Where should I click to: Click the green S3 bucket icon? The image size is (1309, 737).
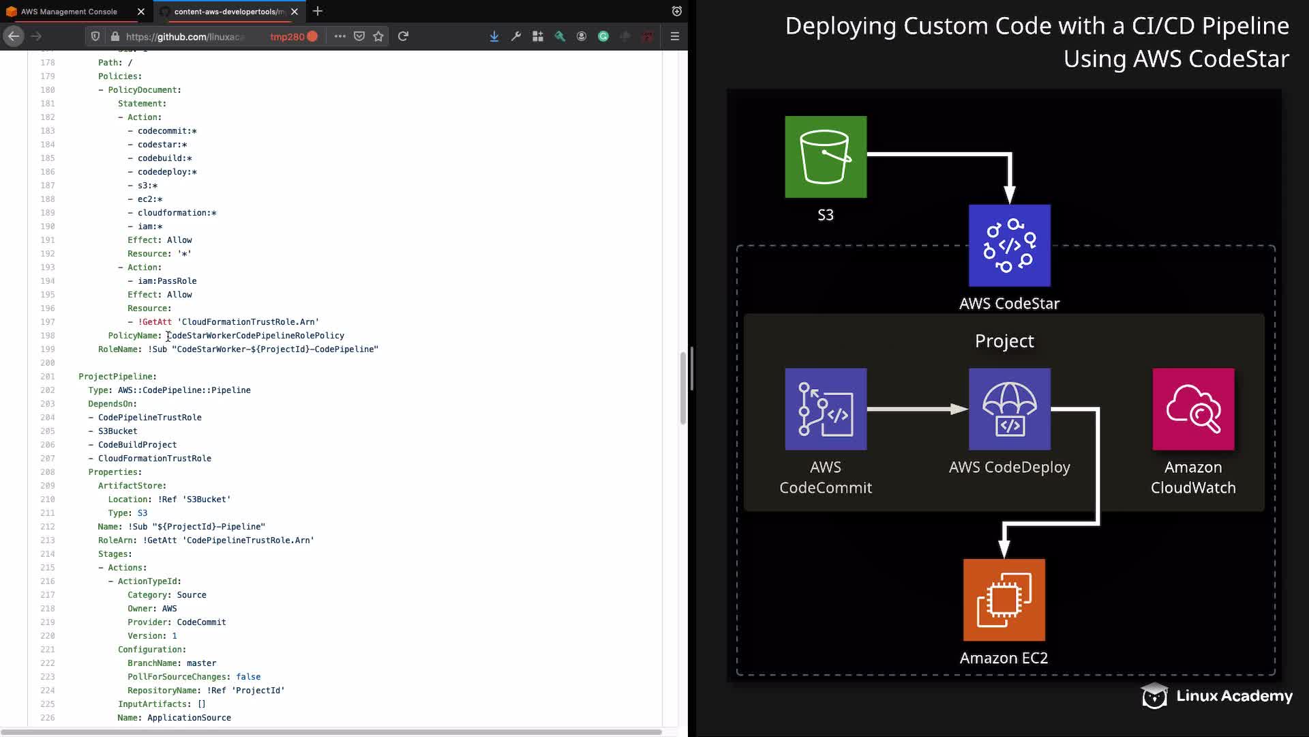click(x=826, y=157)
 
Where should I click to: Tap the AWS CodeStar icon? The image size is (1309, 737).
click(x=1010, y=246)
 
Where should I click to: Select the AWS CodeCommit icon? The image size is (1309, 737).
click(x=826, y=409)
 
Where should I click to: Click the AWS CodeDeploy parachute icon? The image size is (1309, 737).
click(x=1010, y=409)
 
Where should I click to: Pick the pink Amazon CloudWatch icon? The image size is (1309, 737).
click(x=1193, y=409)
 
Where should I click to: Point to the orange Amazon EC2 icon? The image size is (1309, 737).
click(x=1004, y=600)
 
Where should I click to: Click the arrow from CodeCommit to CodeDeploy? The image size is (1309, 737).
click(x=918, y=409)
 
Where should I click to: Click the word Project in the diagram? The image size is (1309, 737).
click(x=1004, y=341)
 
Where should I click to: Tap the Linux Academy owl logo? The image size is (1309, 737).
click(x=1154, y=695)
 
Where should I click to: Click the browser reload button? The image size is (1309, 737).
click(x=403, y=36)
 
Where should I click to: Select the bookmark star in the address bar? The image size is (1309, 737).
click(x=378, y=36)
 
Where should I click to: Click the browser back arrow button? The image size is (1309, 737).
click(x=14, y=36)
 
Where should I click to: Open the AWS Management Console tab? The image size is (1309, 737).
click(x=69, y=12)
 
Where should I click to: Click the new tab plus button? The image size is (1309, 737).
click(x=318, y=11)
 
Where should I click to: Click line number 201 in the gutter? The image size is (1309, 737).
click(x=48, y=377)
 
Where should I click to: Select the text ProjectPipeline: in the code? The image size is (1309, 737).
click(x=117, y=377)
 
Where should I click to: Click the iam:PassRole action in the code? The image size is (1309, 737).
click(x=167, y=281)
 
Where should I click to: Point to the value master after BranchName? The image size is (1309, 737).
click(x=201, y=663)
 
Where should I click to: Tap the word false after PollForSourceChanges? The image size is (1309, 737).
click(x=248, y=677)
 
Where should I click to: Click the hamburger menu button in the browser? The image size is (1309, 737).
click(x=675, y=36)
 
